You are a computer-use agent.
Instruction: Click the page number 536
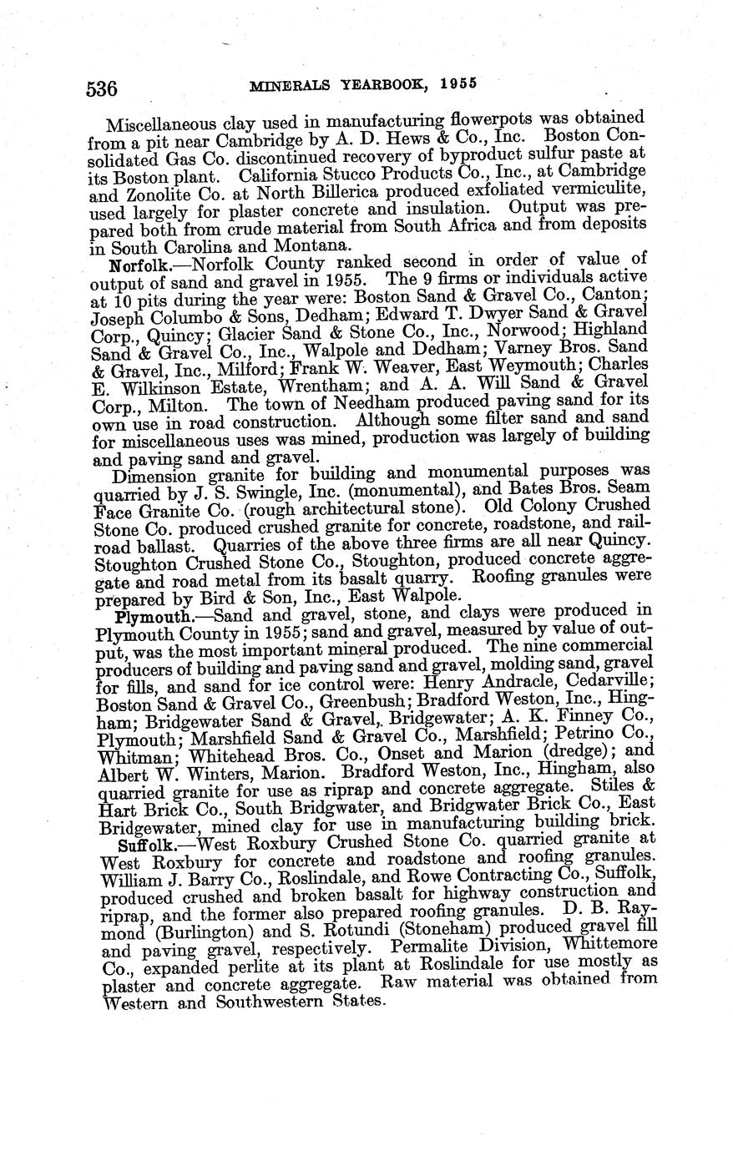(103, 87)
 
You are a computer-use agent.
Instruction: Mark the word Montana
(287, 247)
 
